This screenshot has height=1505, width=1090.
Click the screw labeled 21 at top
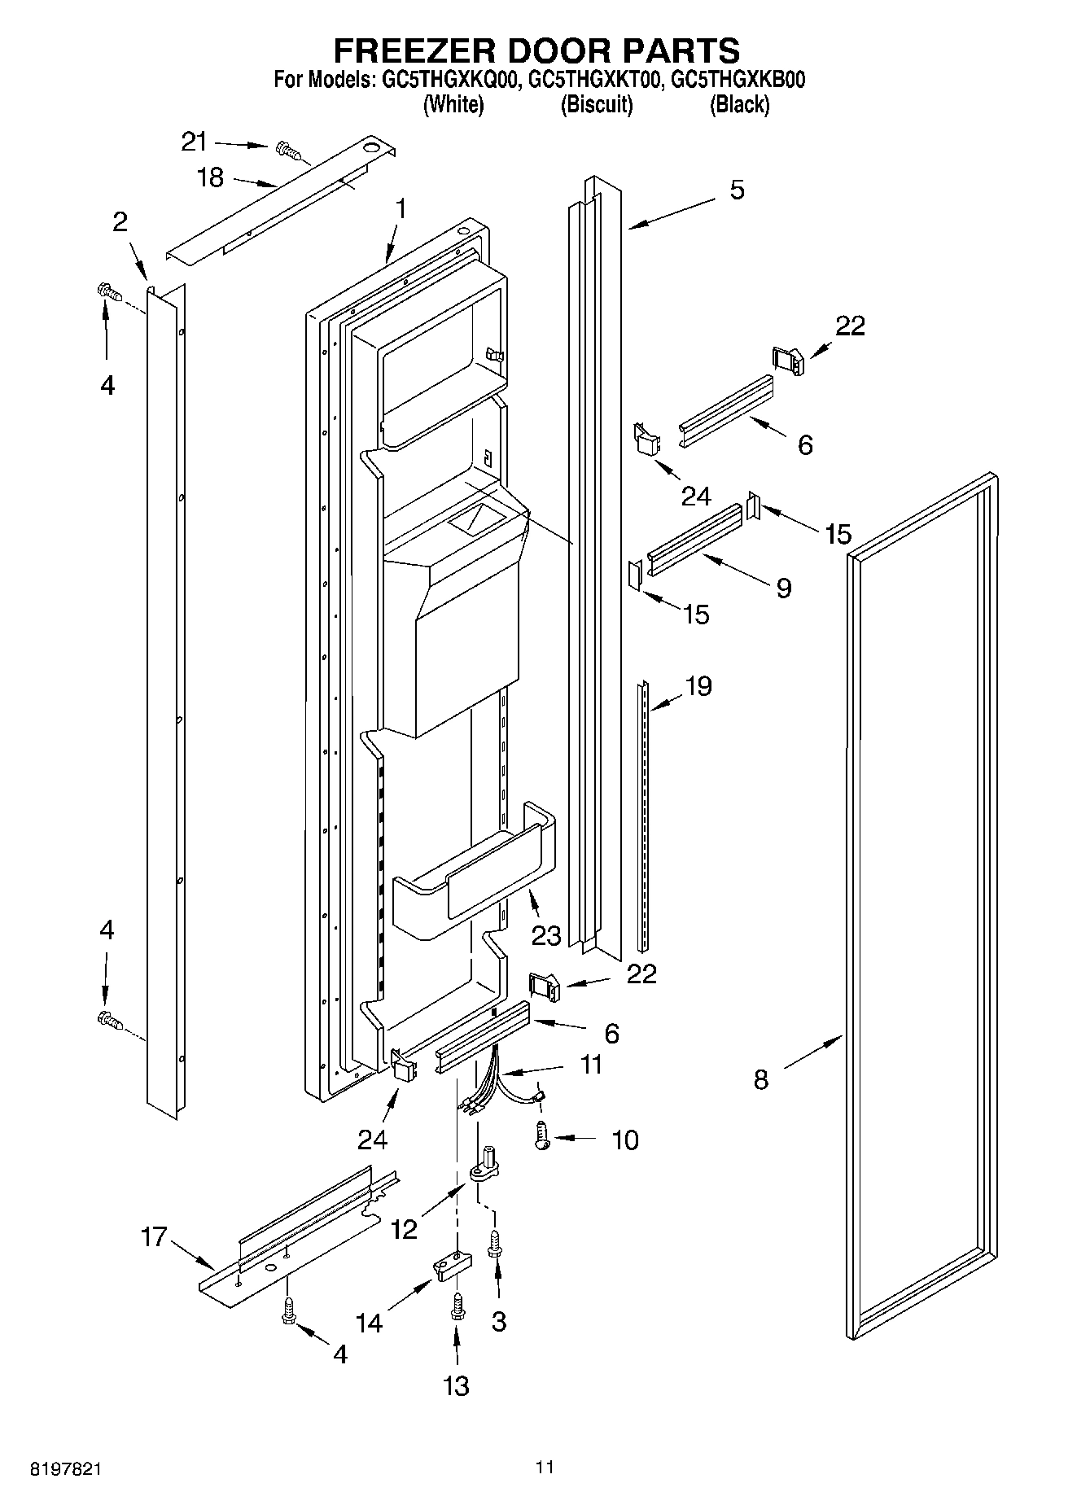click(x=287, y=149)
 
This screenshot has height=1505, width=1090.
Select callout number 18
click(x=210, y=177)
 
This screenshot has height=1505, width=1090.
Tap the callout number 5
click(x=736, y=190)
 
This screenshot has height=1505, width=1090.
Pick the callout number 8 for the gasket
click(x=760, y=1080)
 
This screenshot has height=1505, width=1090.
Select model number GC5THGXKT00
click(x=593, y=80)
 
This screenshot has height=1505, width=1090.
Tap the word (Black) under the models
click(x=739, y=104)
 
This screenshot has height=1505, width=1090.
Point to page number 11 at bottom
click(x=545, y=1467)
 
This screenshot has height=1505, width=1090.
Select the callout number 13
click(x=456, y=1385)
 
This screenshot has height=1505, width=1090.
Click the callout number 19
click(x=698, y=686)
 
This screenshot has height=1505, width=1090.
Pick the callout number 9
click(x=783, y=588)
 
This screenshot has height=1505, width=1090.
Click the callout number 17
click(x=154, y=1237)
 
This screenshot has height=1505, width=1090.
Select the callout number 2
click(x=120, y=221)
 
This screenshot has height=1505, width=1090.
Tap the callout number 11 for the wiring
click(x=590, y=1064)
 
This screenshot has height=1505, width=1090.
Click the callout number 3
click(x=498, y=1322)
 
